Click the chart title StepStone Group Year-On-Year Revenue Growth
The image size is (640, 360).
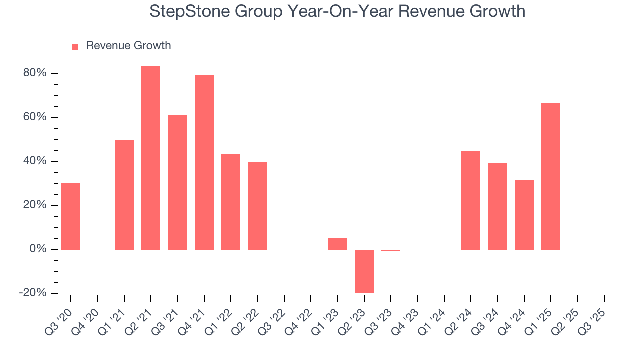click(x=337, y=11)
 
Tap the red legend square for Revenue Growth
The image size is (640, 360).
click(x=75, y=47)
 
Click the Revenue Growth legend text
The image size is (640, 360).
click(x=128, y=46)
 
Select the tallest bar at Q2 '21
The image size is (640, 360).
click(x=151, y=158)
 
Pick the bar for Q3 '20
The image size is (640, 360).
click(x=71, y=216)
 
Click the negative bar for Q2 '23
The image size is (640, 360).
click(x=364, y=271)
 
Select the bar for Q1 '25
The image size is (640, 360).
click(x=550, y=176)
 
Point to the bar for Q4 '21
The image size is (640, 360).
click(x=204, y=162)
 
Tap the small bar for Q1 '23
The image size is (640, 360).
click(x=338, y=244)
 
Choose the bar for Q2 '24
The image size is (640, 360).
click(x=471, y=200)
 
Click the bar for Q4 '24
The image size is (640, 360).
click(x=524, y=214)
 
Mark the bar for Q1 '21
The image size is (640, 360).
click(x=124, y=194)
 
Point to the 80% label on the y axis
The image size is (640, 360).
click(x=35, y=73)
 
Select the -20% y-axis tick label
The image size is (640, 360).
click(x=33, y=293)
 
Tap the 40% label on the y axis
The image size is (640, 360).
click(x=35, y=161)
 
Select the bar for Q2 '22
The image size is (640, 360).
click(x=258, y=206)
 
